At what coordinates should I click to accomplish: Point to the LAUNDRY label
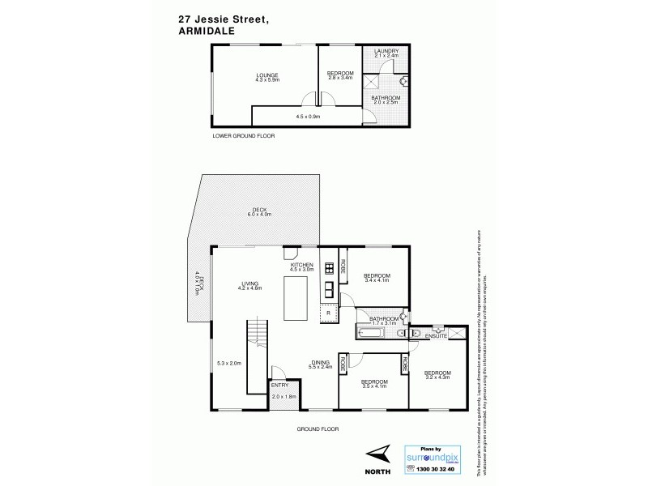coord(386,52)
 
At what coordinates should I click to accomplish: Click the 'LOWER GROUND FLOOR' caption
coord(243,136)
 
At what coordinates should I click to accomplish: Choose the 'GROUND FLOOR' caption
coord(318,428)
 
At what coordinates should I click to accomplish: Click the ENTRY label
coord(279,386)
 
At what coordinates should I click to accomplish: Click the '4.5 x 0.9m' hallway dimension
coord(307,117)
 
